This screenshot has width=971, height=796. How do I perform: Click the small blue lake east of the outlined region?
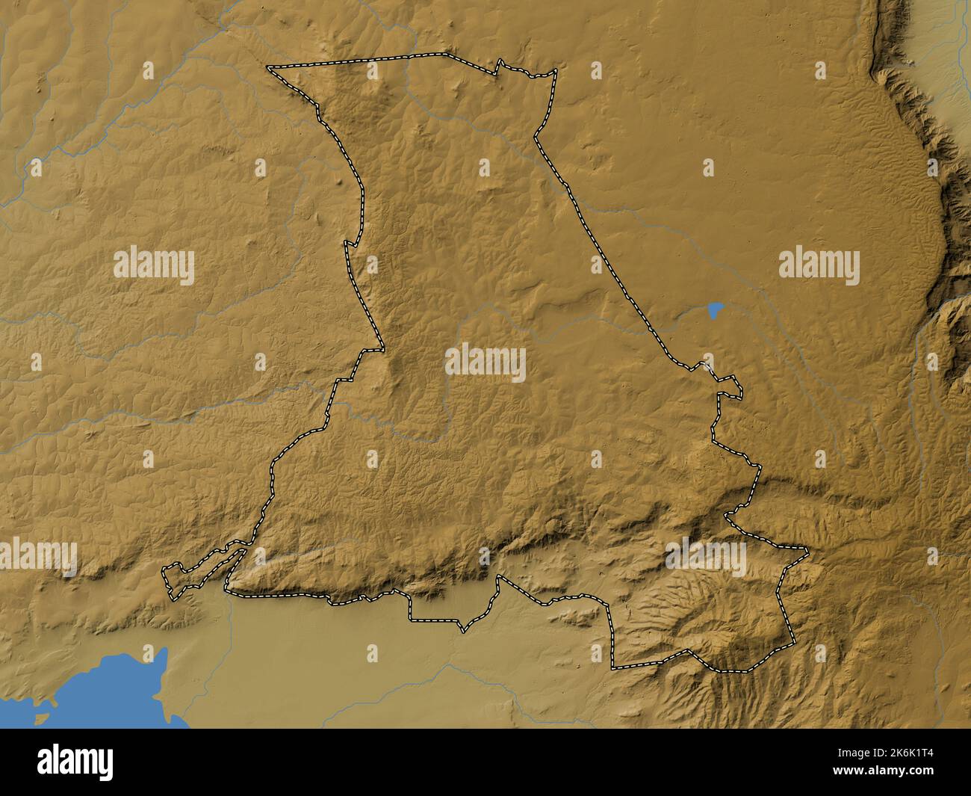715,309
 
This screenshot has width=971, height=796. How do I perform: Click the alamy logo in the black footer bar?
75,762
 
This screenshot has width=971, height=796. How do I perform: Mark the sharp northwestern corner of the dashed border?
269,68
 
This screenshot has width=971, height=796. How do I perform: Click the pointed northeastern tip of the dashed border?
556,71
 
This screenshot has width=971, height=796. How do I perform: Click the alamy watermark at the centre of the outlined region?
485,362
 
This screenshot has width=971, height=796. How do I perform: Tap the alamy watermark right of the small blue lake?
819,267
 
